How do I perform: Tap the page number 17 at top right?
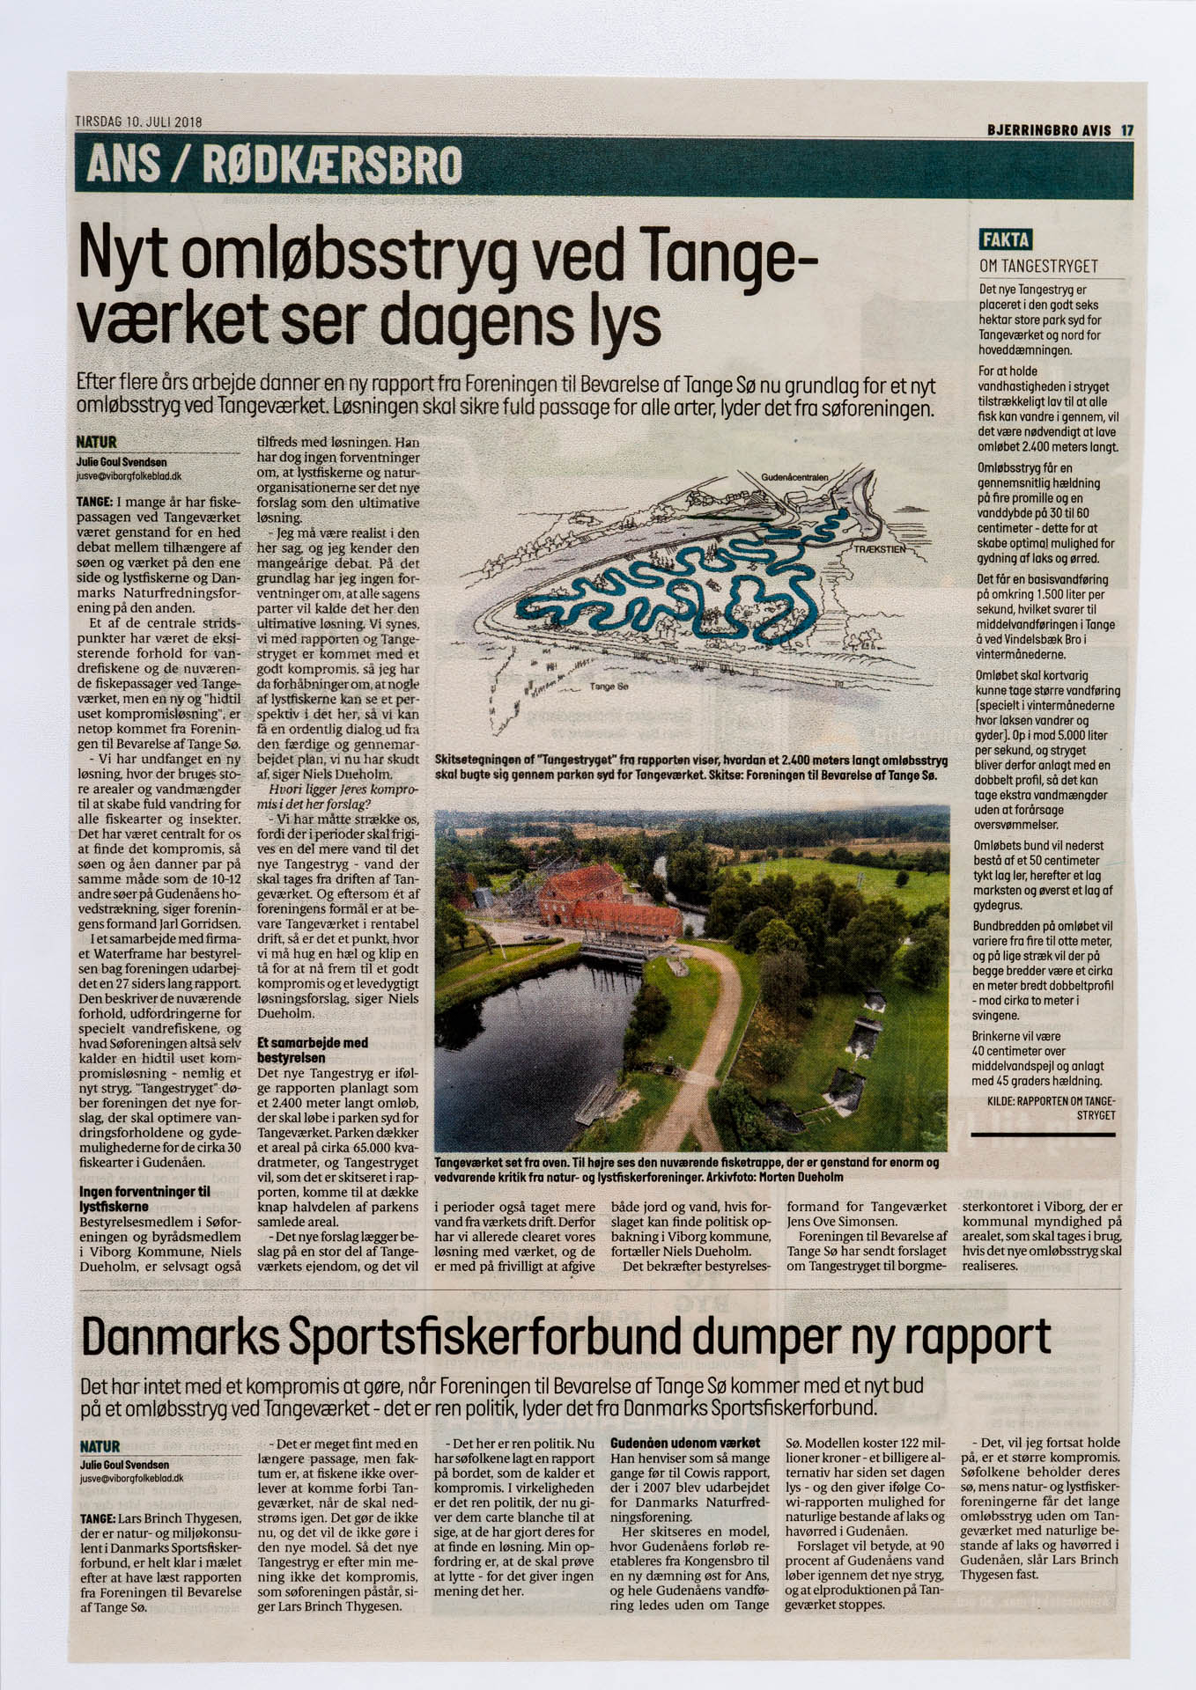(1126, 130)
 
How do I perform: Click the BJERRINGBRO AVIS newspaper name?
(1048, 130)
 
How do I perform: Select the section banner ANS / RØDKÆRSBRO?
(273, 165)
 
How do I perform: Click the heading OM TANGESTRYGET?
(1040, 266)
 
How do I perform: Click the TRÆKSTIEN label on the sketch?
(880, 548)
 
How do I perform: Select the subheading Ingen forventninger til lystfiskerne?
(144, 1199)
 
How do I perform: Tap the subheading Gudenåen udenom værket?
(684, 1443)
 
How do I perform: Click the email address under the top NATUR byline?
(129, 475)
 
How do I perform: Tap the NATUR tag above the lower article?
(100, 1446)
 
